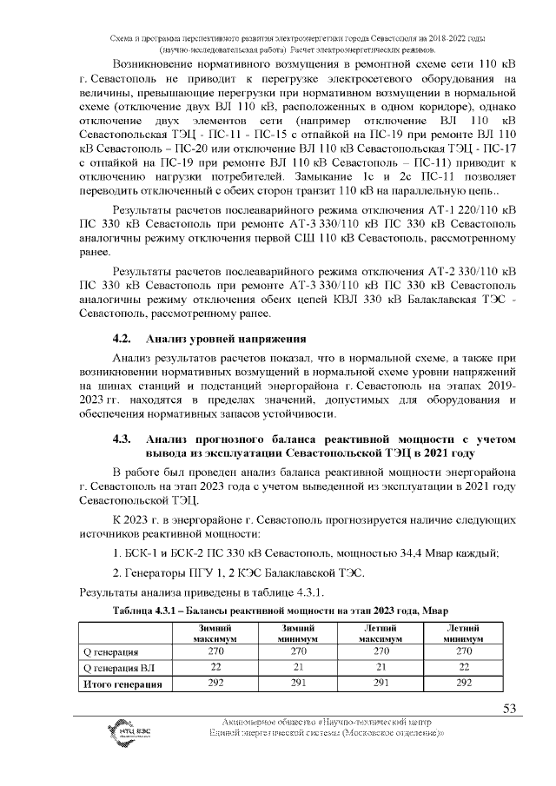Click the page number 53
point(510,708)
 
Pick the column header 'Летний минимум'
point(463,633)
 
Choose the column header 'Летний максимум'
point(379,633)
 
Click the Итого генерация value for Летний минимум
point(463,684)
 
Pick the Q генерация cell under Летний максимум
point(379,651)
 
